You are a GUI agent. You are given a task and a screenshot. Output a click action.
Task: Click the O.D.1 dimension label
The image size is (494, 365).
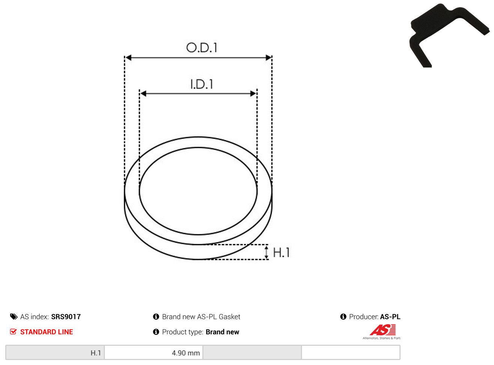coord(201,48)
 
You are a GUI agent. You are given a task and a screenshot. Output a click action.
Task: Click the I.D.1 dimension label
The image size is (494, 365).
coord(202,84)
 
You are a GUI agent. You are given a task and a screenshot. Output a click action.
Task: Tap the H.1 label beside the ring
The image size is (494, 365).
coord(281,252)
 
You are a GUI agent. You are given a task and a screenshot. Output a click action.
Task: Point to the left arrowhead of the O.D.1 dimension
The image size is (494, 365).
coord(128,58)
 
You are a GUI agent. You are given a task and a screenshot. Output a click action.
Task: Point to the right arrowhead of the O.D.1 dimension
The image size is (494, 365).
coord(268,58)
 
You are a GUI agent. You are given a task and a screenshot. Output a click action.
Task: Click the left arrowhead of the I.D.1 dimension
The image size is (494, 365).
coord(143,93)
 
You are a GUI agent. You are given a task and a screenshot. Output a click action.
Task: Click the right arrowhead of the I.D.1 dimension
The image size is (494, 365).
coord(253,93)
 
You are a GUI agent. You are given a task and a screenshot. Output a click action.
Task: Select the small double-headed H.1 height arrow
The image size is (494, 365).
coord(266,252)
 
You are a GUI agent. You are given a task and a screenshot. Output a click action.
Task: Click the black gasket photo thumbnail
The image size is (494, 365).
coord(449,36)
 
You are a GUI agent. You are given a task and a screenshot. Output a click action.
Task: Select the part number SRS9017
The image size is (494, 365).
coord(66,317)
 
